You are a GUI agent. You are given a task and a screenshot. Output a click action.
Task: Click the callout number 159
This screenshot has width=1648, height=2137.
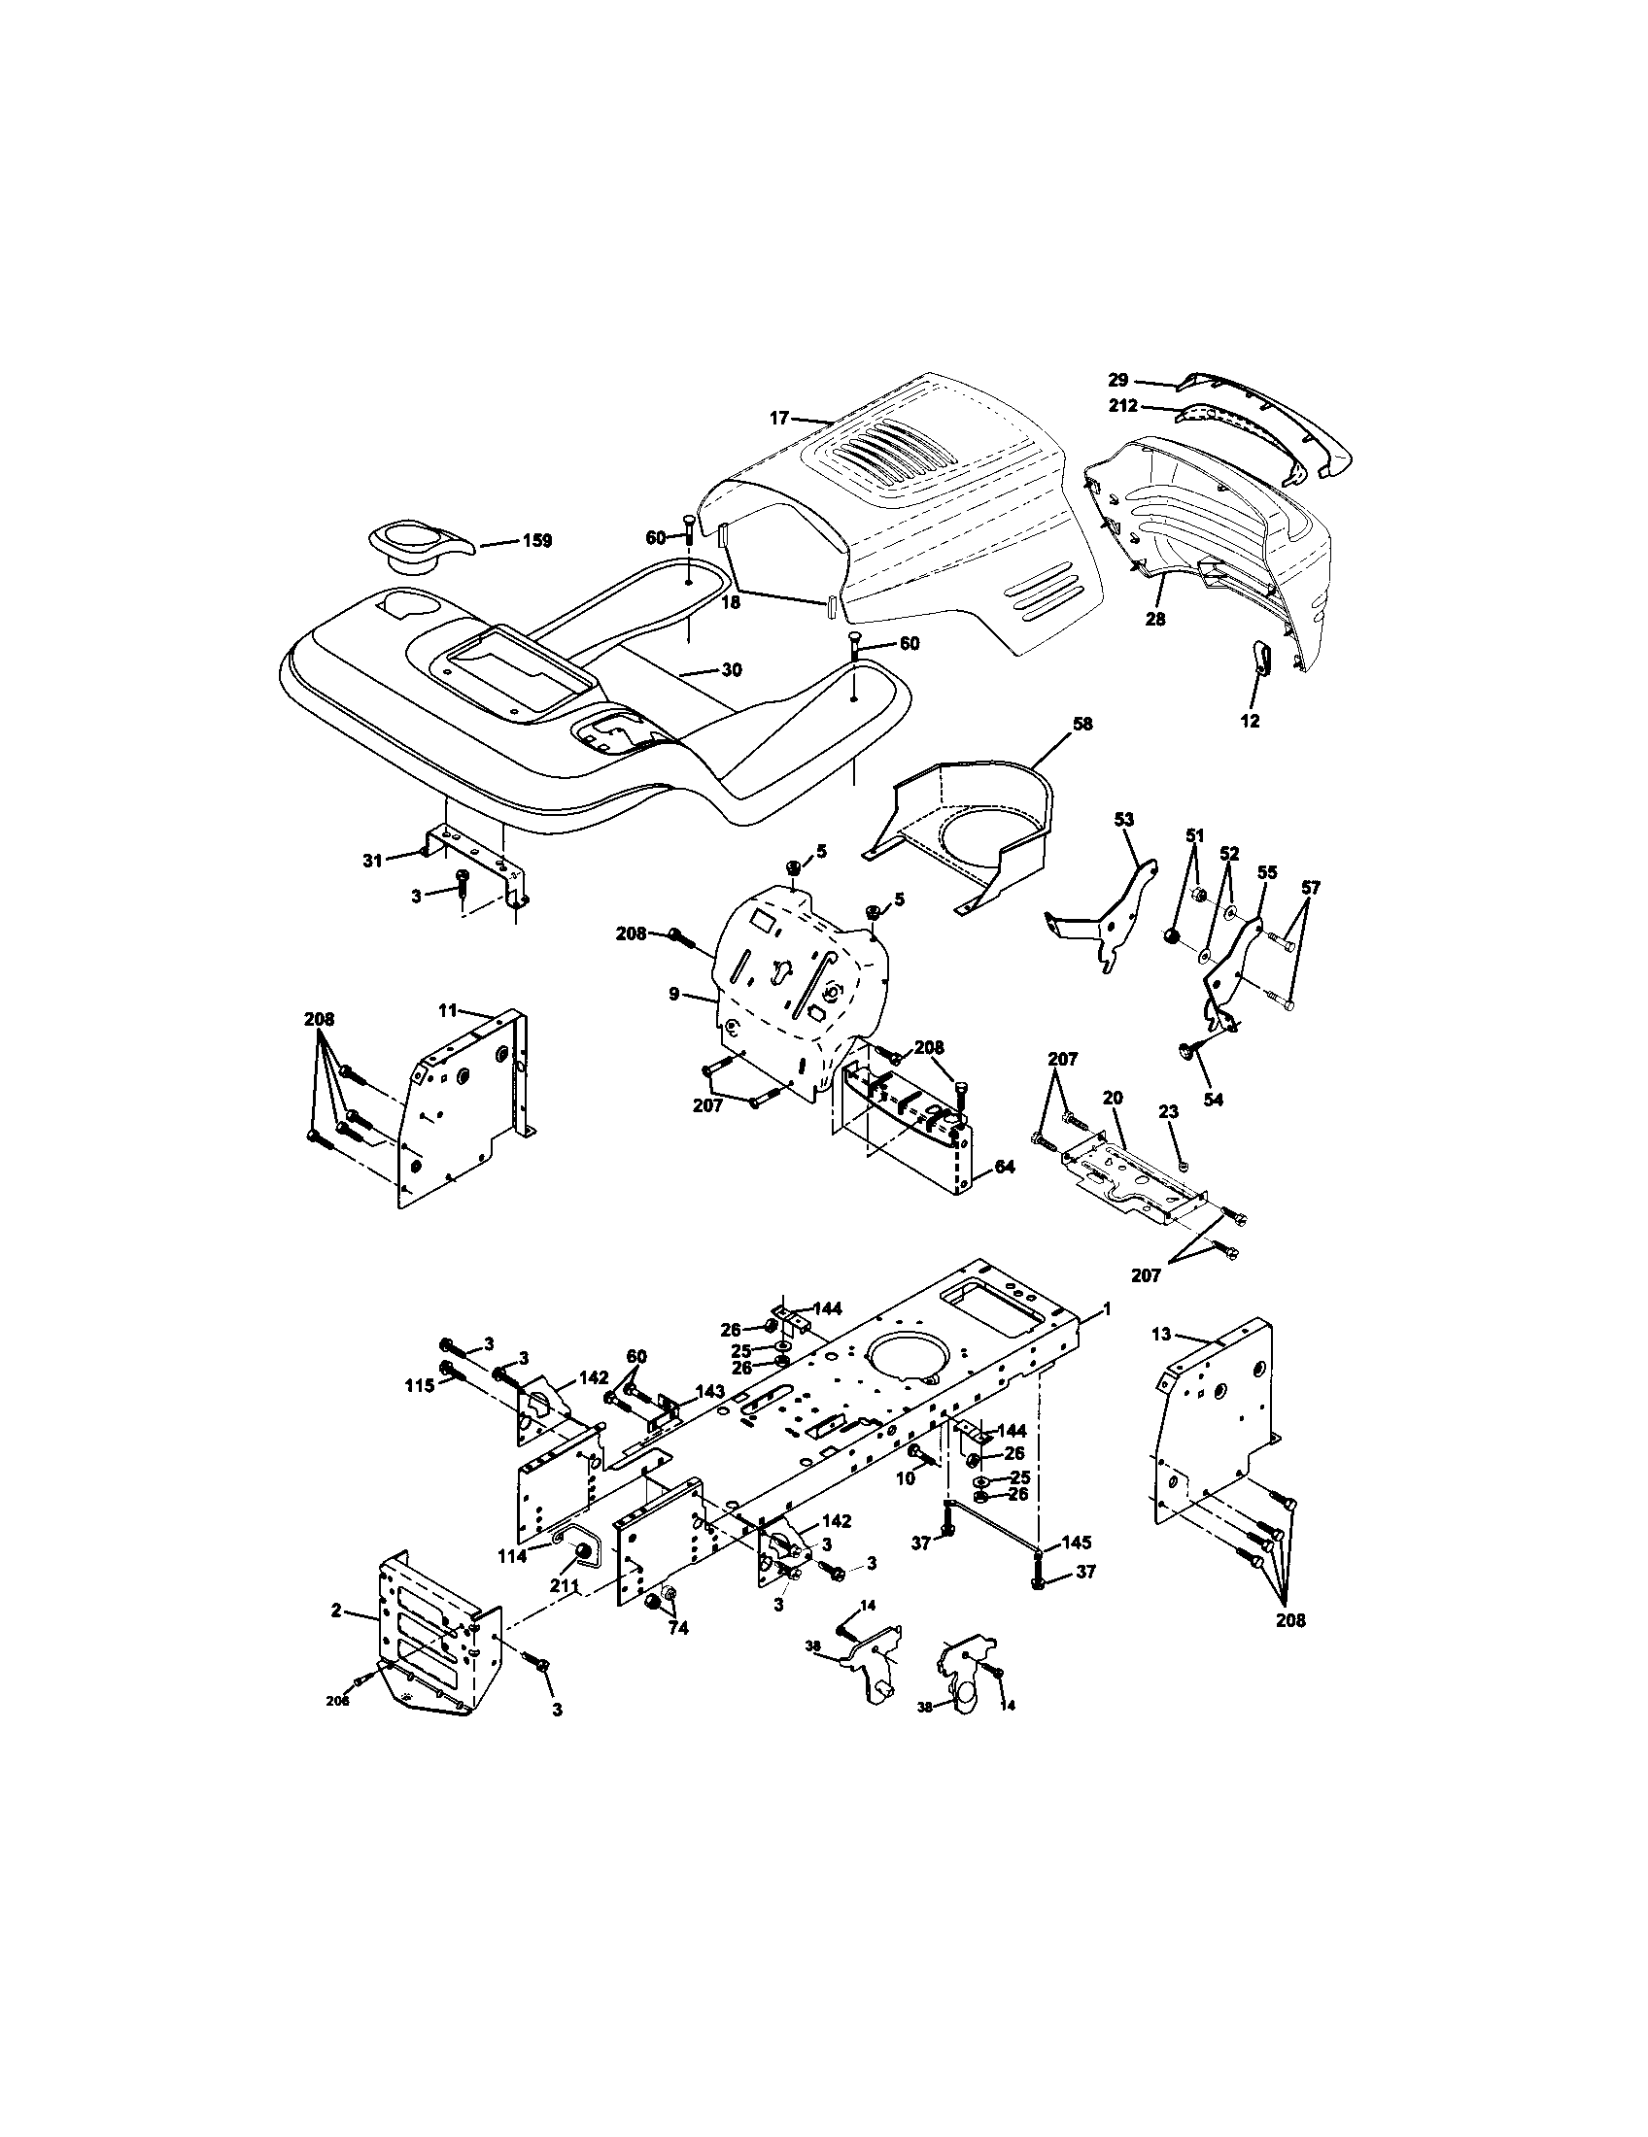[x=537, y=540]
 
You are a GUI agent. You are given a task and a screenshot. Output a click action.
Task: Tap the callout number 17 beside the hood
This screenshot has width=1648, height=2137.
[x=778, y=418]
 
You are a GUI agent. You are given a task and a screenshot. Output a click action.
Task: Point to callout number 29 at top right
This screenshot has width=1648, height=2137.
[x=1117, y=380]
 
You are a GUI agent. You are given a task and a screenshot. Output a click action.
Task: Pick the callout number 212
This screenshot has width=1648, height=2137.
[x=1122, y=405]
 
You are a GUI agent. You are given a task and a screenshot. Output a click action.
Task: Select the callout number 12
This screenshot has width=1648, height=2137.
[x=1250, y=721]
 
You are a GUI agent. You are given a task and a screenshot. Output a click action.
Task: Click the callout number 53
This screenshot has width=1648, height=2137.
[x=1123, y=819]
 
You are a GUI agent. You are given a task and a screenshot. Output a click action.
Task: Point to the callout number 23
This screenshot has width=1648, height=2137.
[x=1169, y=1112]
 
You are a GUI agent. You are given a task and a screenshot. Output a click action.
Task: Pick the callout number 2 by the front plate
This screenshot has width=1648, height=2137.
[x=335, y=1611]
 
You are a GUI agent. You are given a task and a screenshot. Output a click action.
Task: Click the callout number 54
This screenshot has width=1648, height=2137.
[x=1213, y=1100]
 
